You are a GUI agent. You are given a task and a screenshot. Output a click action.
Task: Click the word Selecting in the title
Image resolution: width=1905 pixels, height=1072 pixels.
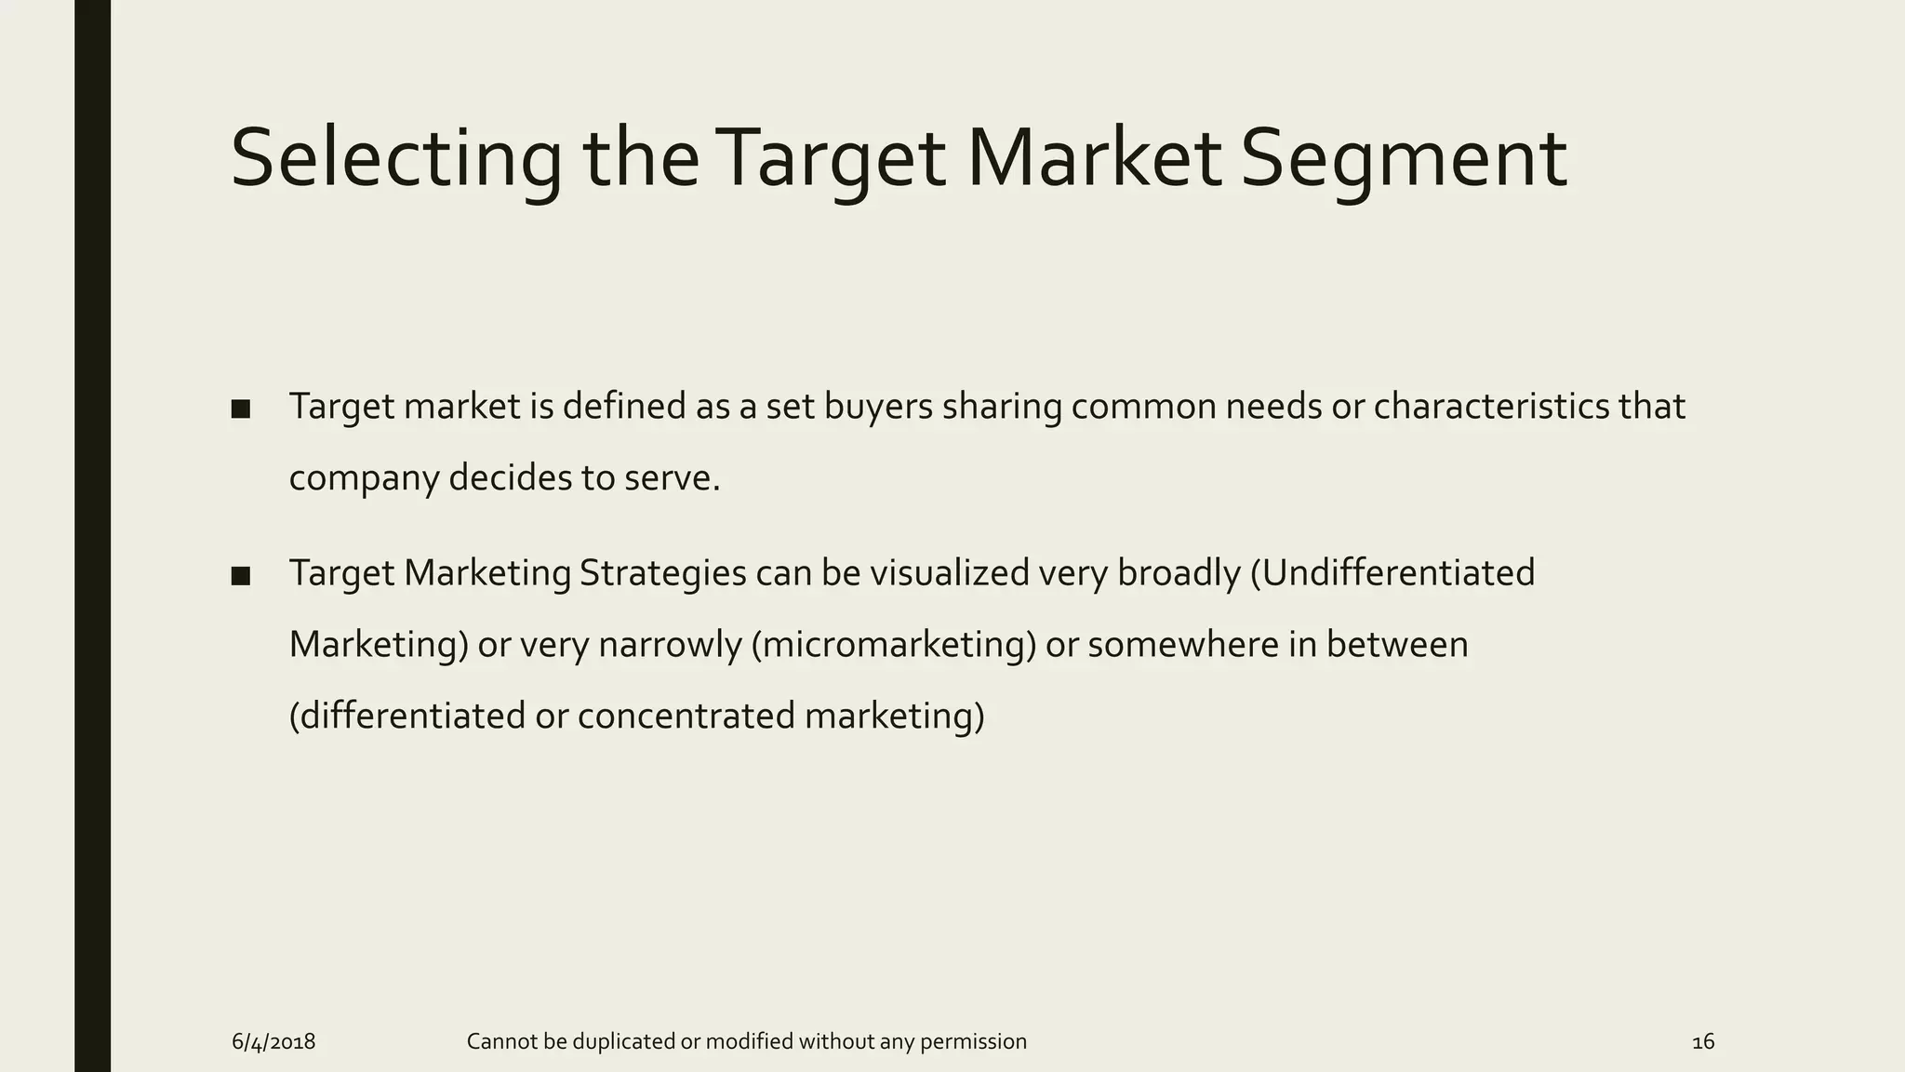click(395, 160)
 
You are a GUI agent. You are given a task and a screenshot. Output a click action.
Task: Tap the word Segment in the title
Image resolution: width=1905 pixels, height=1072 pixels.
click(1403, 160)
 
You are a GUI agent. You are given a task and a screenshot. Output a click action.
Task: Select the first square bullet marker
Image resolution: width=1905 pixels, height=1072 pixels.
click(241, 409)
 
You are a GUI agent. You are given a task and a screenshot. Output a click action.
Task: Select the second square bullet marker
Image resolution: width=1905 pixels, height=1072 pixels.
click(241, 576)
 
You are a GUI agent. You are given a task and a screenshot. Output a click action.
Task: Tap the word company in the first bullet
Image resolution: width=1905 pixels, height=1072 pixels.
click(363, 479)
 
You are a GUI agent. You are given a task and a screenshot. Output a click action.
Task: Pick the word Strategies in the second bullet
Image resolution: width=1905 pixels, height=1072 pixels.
click(662, 573)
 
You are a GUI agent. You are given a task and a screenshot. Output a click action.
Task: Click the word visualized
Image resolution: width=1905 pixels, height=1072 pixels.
click(949, 573)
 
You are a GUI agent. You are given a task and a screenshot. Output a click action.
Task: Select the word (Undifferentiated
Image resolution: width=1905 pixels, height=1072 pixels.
click(1392, 573)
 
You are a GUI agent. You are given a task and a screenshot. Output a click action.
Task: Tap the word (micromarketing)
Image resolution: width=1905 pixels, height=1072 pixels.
click(893, 645)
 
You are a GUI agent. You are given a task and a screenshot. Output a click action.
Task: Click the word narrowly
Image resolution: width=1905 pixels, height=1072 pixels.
click(669, 645)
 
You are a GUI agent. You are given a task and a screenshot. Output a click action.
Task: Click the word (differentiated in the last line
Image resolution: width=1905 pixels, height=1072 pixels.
click(407, 717)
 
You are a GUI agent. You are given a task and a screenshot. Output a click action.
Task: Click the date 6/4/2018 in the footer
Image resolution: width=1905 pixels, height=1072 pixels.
click(273, 1042)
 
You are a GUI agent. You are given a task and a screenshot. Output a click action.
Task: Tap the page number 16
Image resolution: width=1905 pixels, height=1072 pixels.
click(1702, 1042)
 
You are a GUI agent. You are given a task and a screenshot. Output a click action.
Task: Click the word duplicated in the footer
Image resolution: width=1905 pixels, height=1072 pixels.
click(625, 1042)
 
